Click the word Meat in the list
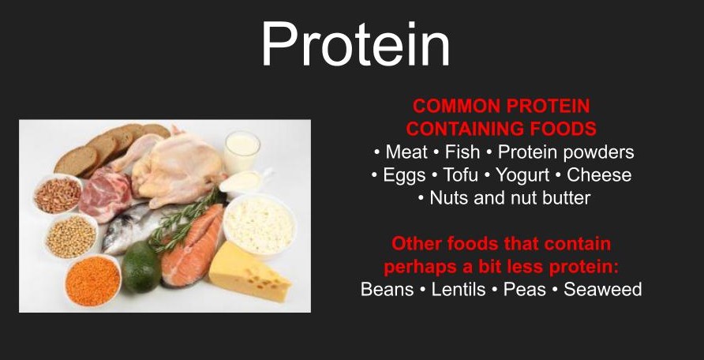tap(406, 152)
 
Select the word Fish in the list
tap(462, 152)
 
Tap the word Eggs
tap(404, 175)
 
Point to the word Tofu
tap(461, 174)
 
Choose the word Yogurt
tap(522, 175)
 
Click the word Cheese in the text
tap(599, 174)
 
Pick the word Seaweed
tap(602, 289)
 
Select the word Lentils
tap(459, 289)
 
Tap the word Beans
tap(387, 289)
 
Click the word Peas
tap(524, 289)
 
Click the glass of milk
tap(242, 152)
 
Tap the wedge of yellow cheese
tap(249, 271)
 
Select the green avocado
tap(141, 267)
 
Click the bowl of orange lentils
tap(93, 280)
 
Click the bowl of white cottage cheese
tap(260, 224)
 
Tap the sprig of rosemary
tap(185, 220)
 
